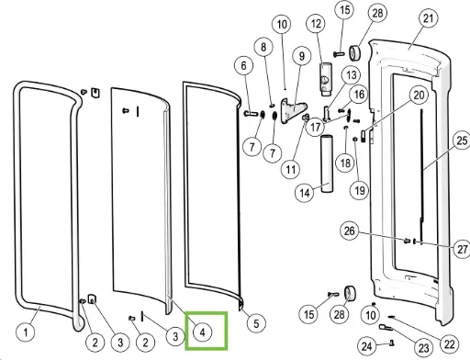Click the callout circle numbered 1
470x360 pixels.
pos(26,332)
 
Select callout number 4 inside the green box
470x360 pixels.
pos(202,332)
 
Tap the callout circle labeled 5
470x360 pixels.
pos(256,323)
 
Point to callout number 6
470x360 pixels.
pos(243,65)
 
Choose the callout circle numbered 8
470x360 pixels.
pos(263,47)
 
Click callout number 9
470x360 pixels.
pos(302,56)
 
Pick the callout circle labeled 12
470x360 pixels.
pos(316,24)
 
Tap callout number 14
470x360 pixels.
pos(305,193)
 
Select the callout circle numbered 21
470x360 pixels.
pos(428,18)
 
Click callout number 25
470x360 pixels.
pos(462,141)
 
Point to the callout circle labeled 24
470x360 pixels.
pos(367,346)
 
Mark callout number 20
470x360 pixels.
pos(419,96)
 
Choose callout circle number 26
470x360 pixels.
pos(350,231)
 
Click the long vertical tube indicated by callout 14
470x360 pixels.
pos(327,164)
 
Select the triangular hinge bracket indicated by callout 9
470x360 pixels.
pos(293,111)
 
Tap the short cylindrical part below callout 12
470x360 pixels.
pos(326,79)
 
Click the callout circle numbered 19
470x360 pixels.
pos(360,190)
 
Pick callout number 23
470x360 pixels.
pos(423,348)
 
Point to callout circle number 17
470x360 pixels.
pos(316,127)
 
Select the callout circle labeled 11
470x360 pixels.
pos(291,169)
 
